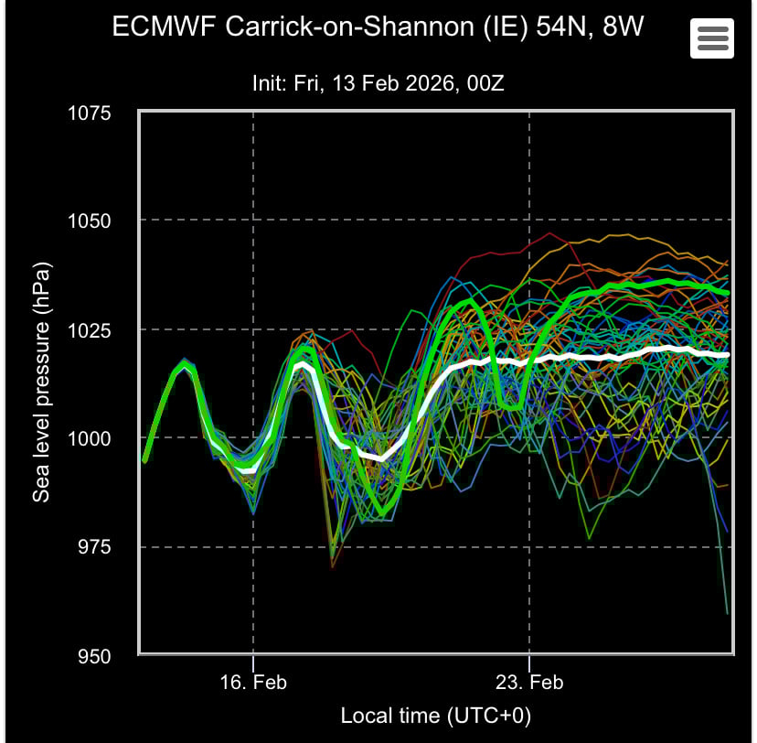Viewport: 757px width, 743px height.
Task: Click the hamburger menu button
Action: [711, 38]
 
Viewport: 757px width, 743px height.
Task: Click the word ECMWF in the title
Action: [158, 26]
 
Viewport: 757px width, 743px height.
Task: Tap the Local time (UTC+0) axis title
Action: [436, 715]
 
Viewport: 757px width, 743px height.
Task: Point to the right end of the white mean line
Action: [729, 354]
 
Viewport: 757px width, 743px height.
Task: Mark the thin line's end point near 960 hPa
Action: [728, 612]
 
